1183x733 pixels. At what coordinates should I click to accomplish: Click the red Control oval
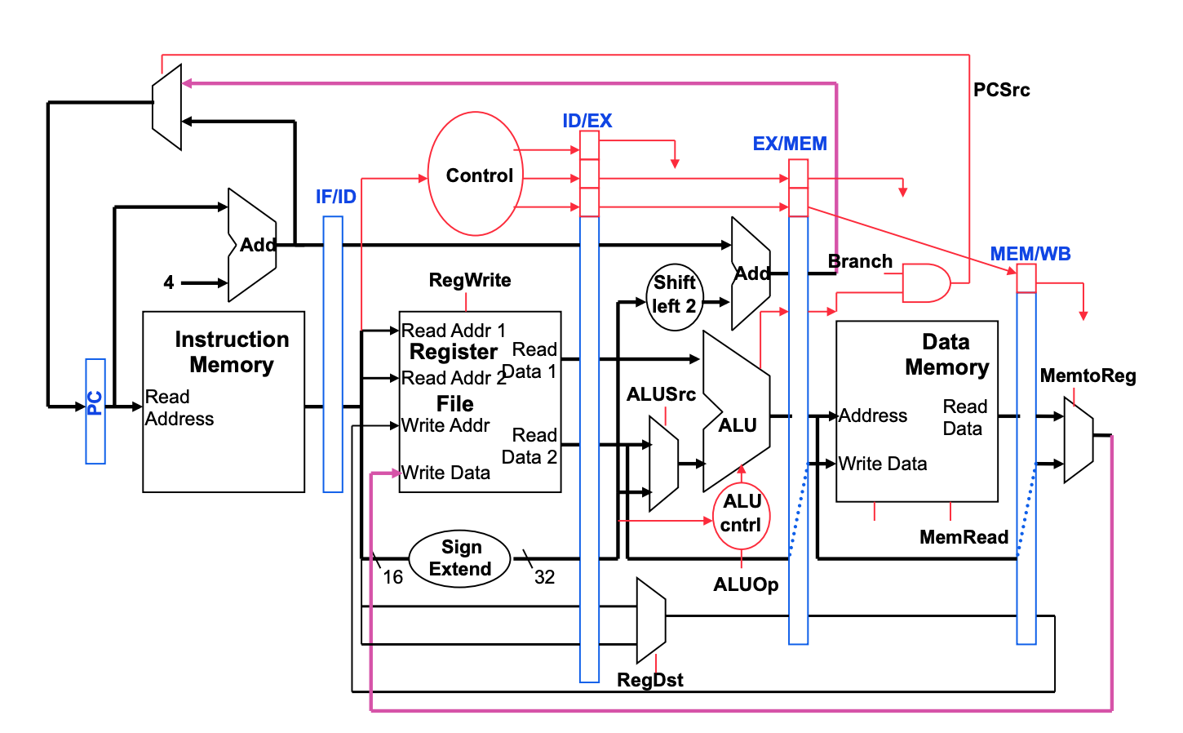[476, 175]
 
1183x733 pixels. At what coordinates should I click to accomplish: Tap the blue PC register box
[95, 411]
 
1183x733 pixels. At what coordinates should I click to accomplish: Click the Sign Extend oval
[460, 558]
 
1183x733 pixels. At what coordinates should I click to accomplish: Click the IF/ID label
[336, 197]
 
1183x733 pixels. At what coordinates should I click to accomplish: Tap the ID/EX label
[587, 121]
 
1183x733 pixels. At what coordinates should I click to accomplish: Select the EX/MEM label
[790, 144]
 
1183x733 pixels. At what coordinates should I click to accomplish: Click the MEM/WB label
[1030, 254]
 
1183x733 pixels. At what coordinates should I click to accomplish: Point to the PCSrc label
[1001, 90]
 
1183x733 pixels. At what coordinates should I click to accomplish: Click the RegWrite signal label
[470, 280]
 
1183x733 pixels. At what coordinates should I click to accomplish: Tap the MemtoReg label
[1088, 375]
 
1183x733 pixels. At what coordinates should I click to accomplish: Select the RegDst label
[650, 680]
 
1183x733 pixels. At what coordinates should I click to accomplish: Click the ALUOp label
[746, 584]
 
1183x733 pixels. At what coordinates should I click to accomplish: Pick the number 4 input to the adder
[169, 282]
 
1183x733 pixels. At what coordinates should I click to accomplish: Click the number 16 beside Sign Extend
[393, 577]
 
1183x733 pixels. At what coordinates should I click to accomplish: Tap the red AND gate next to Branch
[926, 283]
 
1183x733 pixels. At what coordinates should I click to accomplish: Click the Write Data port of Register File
[446, 473]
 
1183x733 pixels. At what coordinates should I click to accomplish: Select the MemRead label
[964, 537]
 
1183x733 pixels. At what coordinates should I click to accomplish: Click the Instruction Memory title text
[232, 352]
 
